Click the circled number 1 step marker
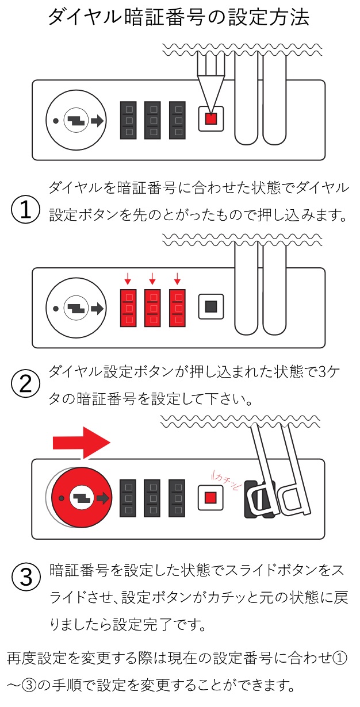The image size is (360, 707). coord(25,210)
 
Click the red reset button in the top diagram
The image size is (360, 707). coord(210,120)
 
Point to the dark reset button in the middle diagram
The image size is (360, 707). coord(210,307)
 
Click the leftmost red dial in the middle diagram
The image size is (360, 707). coord(129,308)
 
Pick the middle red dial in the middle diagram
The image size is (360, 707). coord(153,308)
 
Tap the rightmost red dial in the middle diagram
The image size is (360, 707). coord(177,308)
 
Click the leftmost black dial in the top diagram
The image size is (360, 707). coord(129,120)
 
